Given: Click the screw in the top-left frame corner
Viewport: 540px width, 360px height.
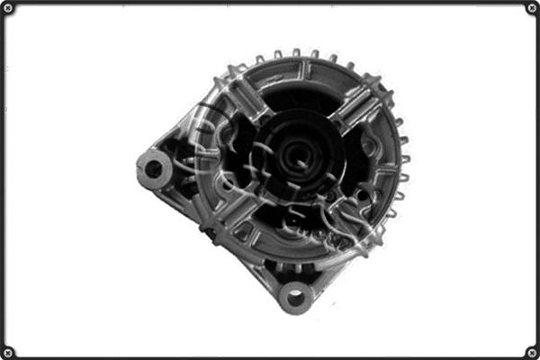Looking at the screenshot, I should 8,8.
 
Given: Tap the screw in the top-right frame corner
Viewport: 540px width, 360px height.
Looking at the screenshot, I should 531,8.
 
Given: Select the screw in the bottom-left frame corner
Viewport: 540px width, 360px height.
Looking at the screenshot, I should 8,351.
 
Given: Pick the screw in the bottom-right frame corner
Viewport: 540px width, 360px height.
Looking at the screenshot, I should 531,351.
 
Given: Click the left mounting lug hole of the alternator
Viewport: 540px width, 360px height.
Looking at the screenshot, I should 153,168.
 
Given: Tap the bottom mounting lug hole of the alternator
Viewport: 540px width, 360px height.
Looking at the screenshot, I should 293,295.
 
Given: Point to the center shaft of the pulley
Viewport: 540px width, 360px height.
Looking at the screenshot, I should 300,155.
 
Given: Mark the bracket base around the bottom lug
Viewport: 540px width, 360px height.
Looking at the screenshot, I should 293,274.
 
